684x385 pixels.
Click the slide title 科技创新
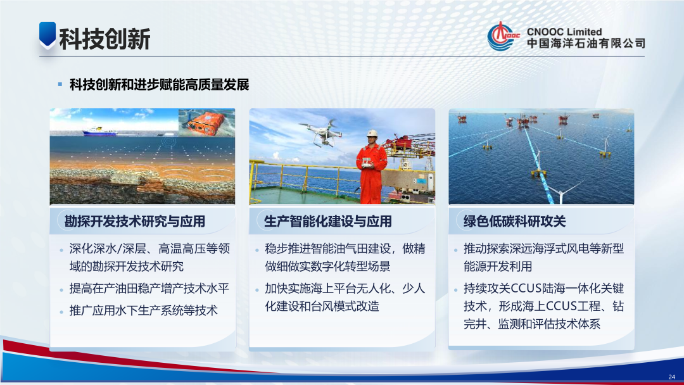104,39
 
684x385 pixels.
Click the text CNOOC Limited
564,31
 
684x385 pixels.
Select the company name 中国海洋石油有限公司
585,44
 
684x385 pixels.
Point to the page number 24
671,377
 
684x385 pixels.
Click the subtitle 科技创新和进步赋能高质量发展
159,85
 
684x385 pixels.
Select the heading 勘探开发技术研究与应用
135,221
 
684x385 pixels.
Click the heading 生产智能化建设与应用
327,221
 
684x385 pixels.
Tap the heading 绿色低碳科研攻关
514,221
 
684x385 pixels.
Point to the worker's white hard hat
374,133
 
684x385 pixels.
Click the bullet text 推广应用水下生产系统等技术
143,310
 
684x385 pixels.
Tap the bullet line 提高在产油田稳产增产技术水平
149,289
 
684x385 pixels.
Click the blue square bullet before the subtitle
60,84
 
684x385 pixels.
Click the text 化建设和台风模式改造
322,306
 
